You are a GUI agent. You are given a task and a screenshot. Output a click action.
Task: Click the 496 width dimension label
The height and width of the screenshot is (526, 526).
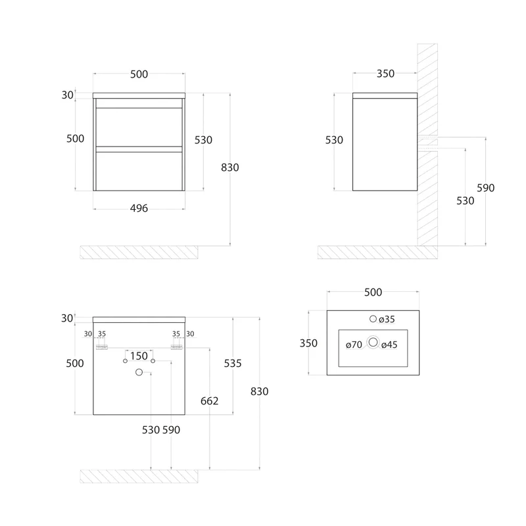coord(139,208)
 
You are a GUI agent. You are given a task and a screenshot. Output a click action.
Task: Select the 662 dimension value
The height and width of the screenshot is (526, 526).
coord(209,401)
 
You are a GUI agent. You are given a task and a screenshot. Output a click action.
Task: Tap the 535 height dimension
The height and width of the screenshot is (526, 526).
coord(233,364)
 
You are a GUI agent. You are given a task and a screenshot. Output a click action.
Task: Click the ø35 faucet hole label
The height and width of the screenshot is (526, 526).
coord(387,320)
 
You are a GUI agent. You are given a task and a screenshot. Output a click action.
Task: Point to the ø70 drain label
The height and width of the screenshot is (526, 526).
coord(354,345)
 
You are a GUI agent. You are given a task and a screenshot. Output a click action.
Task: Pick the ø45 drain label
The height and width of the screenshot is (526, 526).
coord(389,345)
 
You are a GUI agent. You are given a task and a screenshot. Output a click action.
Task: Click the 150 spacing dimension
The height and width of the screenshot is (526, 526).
coord(139,356)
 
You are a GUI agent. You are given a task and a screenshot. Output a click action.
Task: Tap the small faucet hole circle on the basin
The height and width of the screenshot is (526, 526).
coord(373,319)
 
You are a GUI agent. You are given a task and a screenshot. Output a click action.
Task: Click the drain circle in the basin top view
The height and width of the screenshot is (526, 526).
coord(373,342)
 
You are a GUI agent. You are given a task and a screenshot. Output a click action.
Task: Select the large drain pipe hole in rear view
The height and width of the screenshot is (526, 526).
coord(139,372)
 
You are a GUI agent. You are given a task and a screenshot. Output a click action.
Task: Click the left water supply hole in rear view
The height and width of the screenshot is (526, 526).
coord(125,361)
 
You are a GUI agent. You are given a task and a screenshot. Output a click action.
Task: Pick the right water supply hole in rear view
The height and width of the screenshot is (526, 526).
coord(153,361)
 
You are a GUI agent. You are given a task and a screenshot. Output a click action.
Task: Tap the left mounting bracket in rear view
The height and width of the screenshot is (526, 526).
coord(102,348)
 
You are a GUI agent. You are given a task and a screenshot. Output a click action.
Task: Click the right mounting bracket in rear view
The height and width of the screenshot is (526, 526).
coord(176,348)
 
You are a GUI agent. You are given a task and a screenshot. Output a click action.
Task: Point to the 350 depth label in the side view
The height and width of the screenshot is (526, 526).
coord(385,74)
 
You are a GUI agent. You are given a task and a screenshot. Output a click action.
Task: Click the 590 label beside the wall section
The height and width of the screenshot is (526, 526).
coord(485,188)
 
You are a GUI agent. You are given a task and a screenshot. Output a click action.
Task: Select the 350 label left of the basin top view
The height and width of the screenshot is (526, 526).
coord(308,343)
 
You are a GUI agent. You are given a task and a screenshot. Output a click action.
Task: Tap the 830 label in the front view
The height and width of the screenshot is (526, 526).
coord(229,168)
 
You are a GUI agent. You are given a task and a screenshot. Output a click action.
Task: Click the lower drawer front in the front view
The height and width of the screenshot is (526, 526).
coord(139,171)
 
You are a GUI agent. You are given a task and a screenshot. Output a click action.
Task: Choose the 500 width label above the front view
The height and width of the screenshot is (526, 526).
coord(139,74)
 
